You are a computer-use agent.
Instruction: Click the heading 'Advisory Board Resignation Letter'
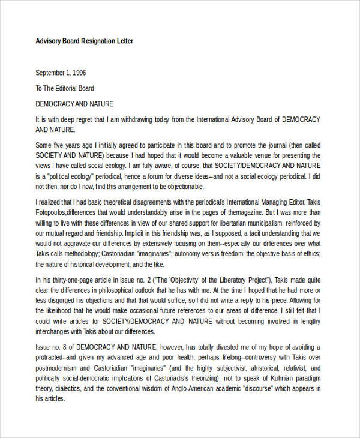tap(84, 41)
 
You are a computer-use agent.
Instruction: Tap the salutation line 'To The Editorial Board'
tap(68, 88)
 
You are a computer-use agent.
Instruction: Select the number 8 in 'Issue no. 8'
tap(67, 347)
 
